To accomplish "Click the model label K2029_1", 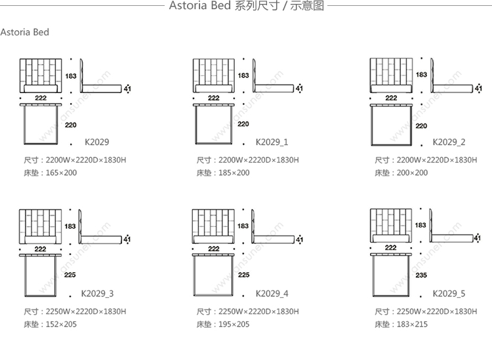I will pyautogui.click(x=272, y=142).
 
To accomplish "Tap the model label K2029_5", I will pyautogui.click(x=449, y=293).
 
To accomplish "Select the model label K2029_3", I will pyautogui.click(x=97, y=293).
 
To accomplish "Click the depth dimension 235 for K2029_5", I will pyautogui.click(x=421, y=275).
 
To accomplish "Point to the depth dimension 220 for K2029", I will pyautogui.click(x=72, y=124).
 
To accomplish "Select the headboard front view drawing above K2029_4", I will pyautogui.click(x=213, y=226).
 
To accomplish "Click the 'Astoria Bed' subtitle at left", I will pyautogui.click(x=25, y=32).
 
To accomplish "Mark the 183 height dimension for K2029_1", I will pyautogui.click(x=243, y=75).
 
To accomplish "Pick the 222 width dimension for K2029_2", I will pyautogui.click(x=391, y=98).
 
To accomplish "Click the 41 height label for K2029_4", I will pyautogui.click(x=300, y=239).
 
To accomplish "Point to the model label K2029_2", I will pyautogui.click(x=449, y=142).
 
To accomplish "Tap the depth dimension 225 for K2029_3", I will pyautogui.click(x=72, y=275).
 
